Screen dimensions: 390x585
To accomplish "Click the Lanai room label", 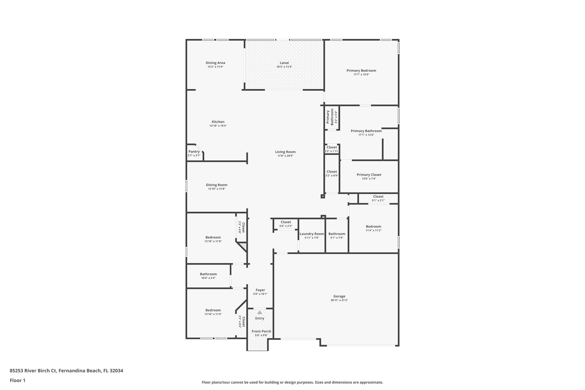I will click(x=284, y=63).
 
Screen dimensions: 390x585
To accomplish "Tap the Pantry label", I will click(x=194, y=152).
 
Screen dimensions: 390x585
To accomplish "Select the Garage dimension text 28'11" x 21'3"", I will click(x=339, y=300).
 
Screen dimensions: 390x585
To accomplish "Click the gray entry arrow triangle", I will click(x=259, y=313).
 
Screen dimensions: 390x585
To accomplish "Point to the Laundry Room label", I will click(x=312, y=234).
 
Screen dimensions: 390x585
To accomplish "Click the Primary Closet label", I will click(x=369, y=175).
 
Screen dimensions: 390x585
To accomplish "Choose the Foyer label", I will click(x=260, y=290).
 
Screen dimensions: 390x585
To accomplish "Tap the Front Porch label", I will click(x=261, y=331).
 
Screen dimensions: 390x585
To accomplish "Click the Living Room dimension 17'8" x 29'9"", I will click(x=285, y=156).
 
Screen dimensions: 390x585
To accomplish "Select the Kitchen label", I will click(x=218, y=122).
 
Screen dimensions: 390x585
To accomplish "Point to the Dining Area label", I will click(x=215, y=63).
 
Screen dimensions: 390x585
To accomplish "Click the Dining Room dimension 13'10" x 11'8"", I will click(x=217, y=189).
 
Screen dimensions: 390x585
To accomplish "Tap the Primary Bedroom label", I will click(x=361, y=71).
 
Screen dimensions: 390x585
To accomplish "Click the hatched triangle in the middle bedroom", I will click(x=243, y=246).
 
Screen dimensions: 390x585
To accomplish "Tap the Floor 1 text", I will click(x=17, y=380).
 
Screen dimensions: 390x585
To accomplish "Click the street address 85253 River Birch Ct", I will click(x=33, y=371).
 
